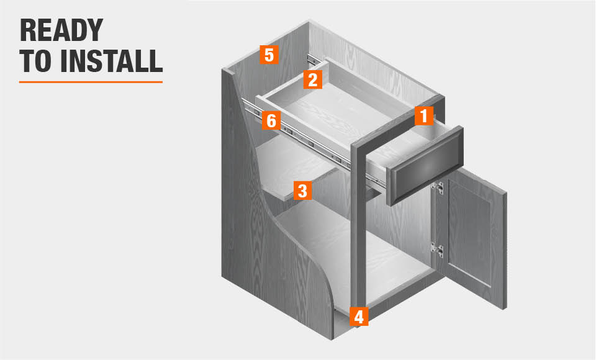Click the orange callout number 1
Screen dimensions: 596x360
point(424,115)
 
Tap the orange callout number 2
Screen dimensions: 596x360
point(312,79)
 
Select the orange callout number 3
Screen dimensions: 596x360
point(302,191)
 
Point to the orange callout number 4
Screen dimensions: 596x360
point(359,317)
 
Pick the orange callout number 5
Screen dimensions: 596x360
point(269,55)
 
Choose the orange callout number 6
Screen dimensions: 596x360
point(271,120)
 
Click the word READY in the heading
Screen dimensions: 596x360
point(61,30)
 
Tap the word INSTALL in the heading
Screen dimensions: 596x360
point(111,61)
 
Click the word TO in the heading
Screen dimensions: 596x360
point(35,61)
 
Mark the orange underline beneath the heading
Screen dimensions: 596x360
point(91,82)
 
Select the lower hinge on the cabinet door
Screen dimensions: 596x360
point(437,250)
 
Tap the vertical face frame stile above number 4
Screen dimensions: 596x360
point(358,228)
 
